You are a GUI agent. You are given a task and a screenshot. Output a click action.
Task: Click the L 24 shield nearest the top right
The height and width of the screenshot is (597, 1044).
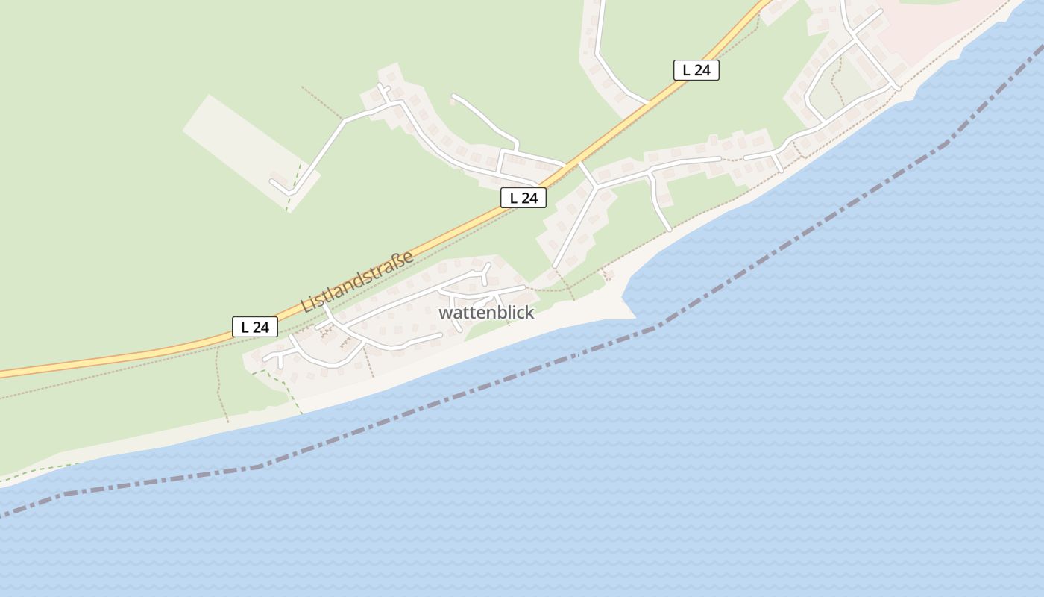tap(696, 70)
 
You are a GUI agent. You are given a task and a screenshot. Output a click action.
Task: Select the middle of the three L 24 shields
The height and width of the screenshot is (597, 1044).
tap(523, 198)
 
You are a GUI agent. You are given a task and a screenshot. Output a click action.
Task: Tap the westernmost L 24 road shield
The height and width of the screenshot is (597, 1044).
tap(255, 327)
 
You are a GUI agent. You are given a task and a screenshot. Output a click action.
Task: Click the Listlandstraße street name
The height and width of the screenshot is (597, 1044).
tap(356, 282)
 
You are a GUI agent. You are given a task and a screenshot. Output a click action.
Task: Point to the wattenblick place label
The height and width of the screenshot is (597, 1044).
tap(486, 313)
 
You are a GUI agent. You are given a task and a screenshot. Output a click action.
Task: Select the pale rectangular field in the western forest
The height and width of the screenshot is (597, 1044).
tap(239, 142)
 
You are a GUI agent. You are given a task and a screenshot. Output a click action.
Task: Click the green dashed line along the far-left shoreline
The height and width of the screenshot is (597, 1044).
tap(45, 469)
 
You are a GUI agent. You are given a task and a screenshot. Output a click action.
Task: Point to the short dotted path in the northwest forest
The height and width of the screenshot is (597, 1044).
tap(321, 102)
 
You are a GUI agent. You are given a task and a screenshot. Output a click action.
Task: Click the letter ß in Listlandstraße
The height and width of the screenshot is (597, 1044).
tap(399, 262)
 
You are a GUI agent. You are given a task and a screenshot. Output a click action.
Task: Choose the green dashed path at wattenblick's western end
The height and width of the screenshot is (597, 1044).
tap(280, 381)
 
